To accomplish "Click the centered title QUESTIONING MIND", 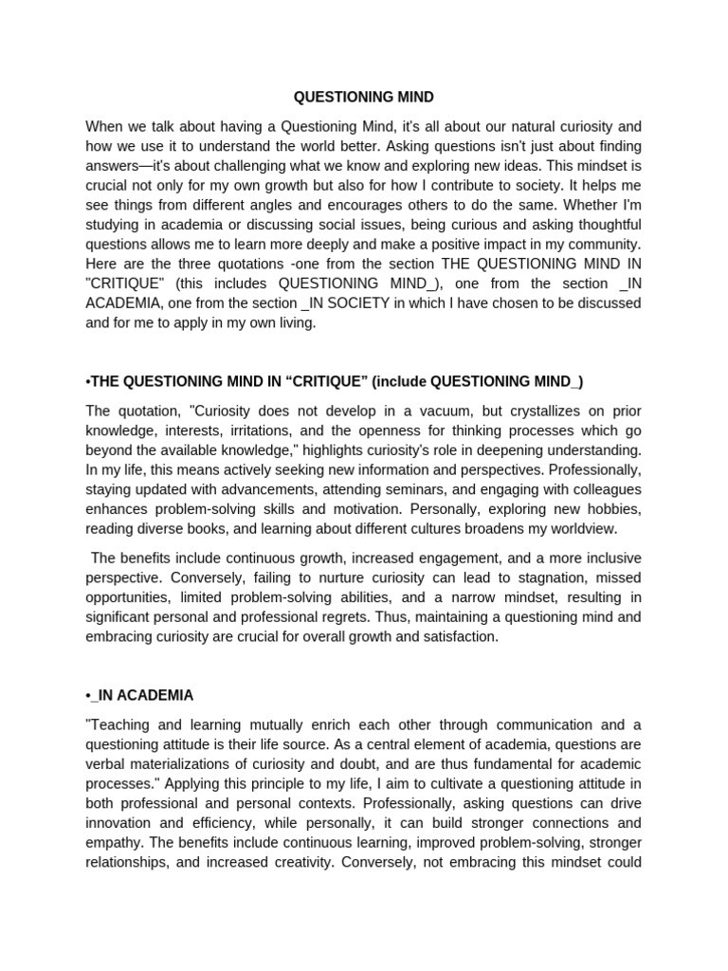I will pyautogui.click(x=364, y=98).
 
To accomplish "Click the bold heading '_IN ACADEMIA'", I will pyautogui.click(x=142, y=695).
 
